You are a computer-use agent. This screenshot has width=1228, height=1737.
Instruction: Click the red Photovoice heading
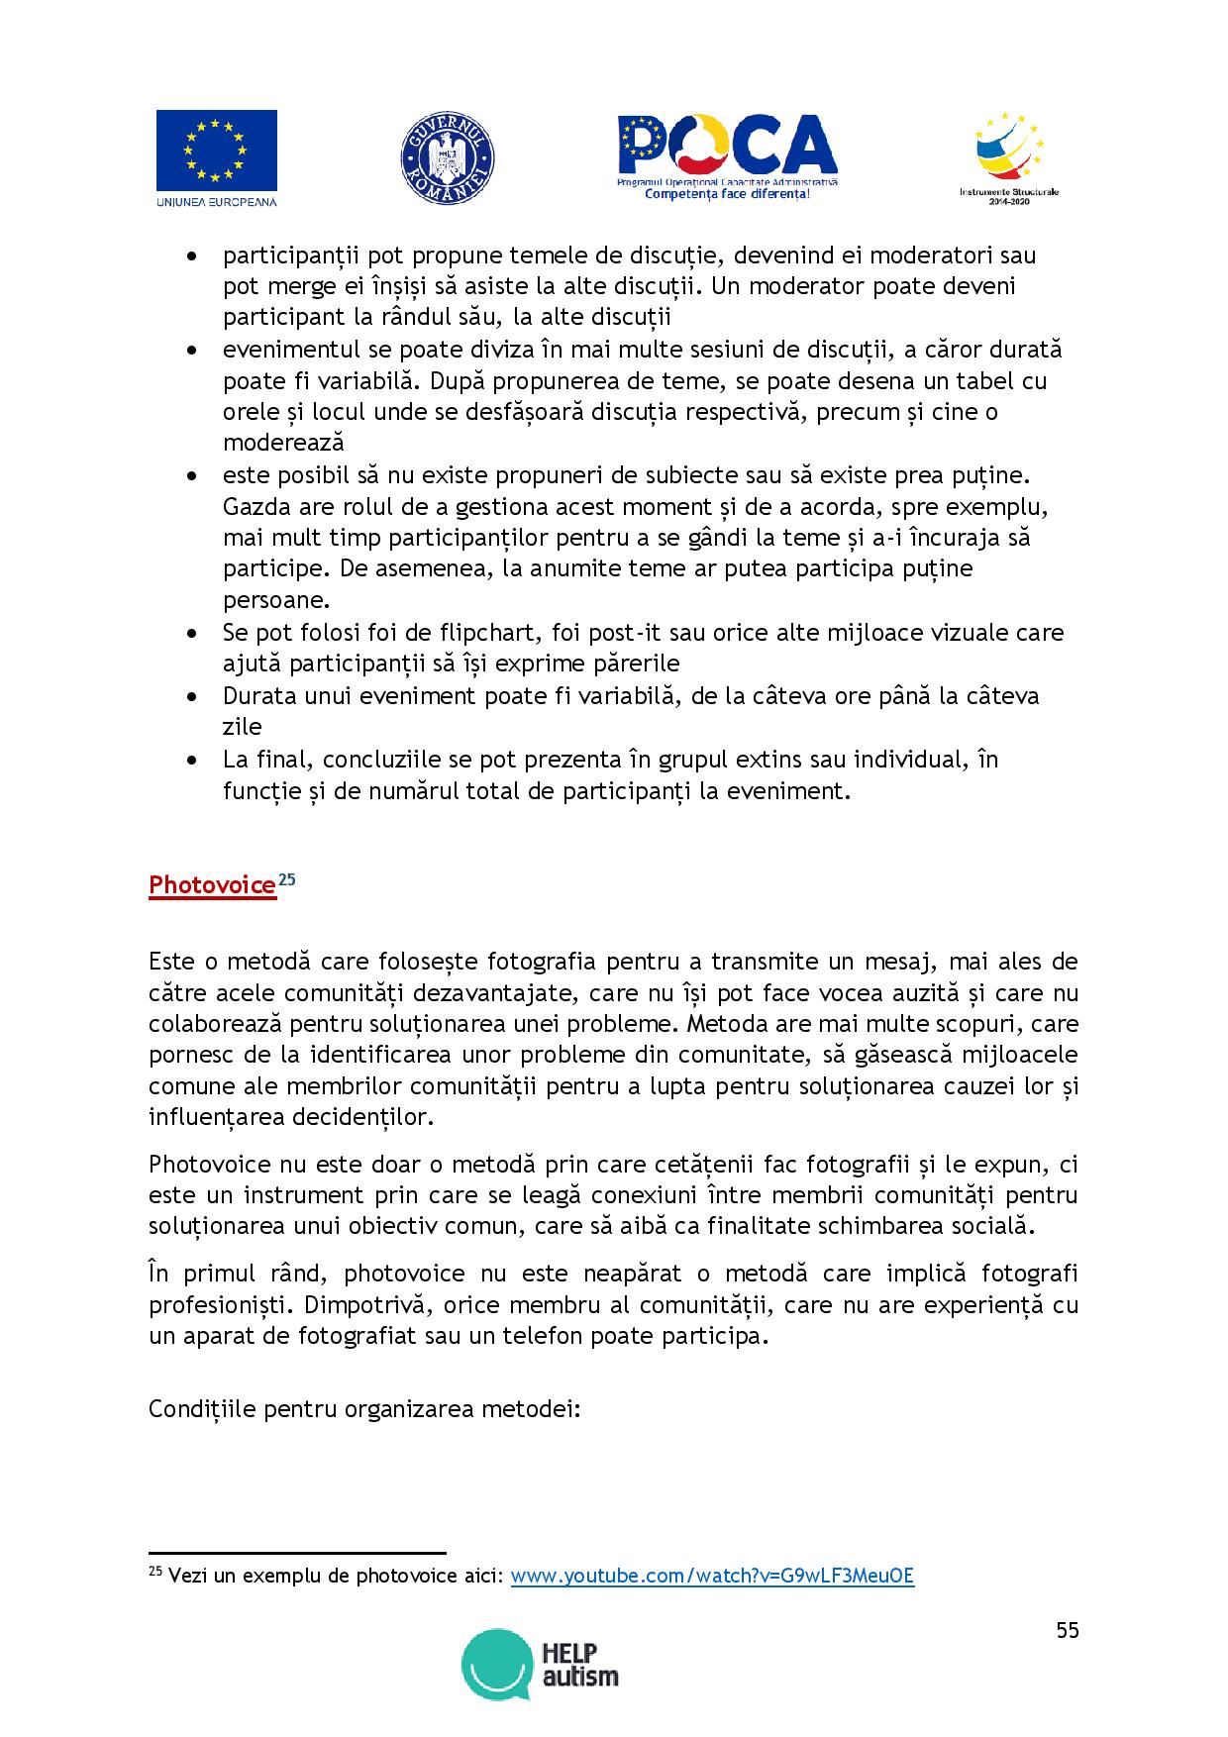point(212,885)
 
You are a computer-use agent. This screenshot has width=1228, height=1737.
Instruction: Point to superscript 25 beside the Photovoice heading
point(286,878)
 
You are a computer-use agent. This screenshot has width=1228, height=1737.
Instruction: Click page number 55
point(1067,1631)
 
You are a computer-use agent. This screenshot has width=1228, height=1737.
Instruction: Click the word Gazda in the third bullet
point(254,507)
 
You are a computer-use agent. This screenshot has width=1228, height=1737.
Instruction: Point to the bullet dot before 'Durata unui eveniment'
point(192,696)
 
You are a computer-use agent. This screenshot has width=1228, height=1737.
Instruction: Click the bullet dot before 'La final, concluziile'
point(192,760)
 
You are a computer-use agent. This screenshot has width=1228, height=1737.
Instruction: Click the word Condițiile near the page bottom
point(203,1408)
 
